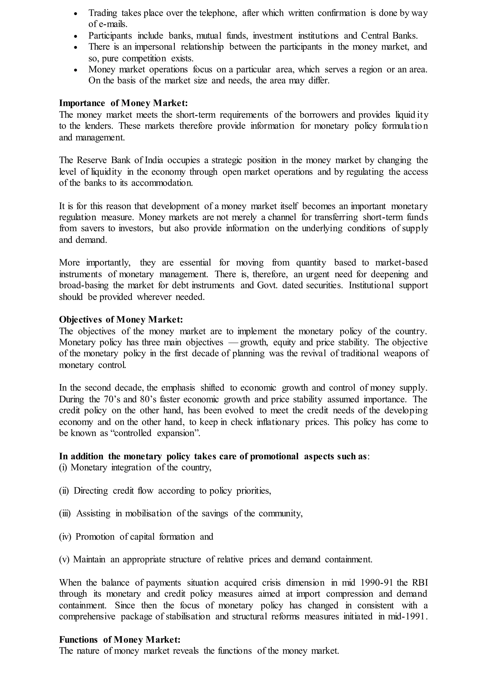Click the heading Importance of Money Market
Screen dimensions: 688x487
coord(123,103)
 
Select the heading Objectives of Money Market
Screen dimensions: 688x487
coord(121,320)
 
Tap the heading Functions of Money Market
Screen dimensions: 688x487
coord(120,640)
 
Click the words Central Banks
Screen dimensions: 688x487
coord(389,36)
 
